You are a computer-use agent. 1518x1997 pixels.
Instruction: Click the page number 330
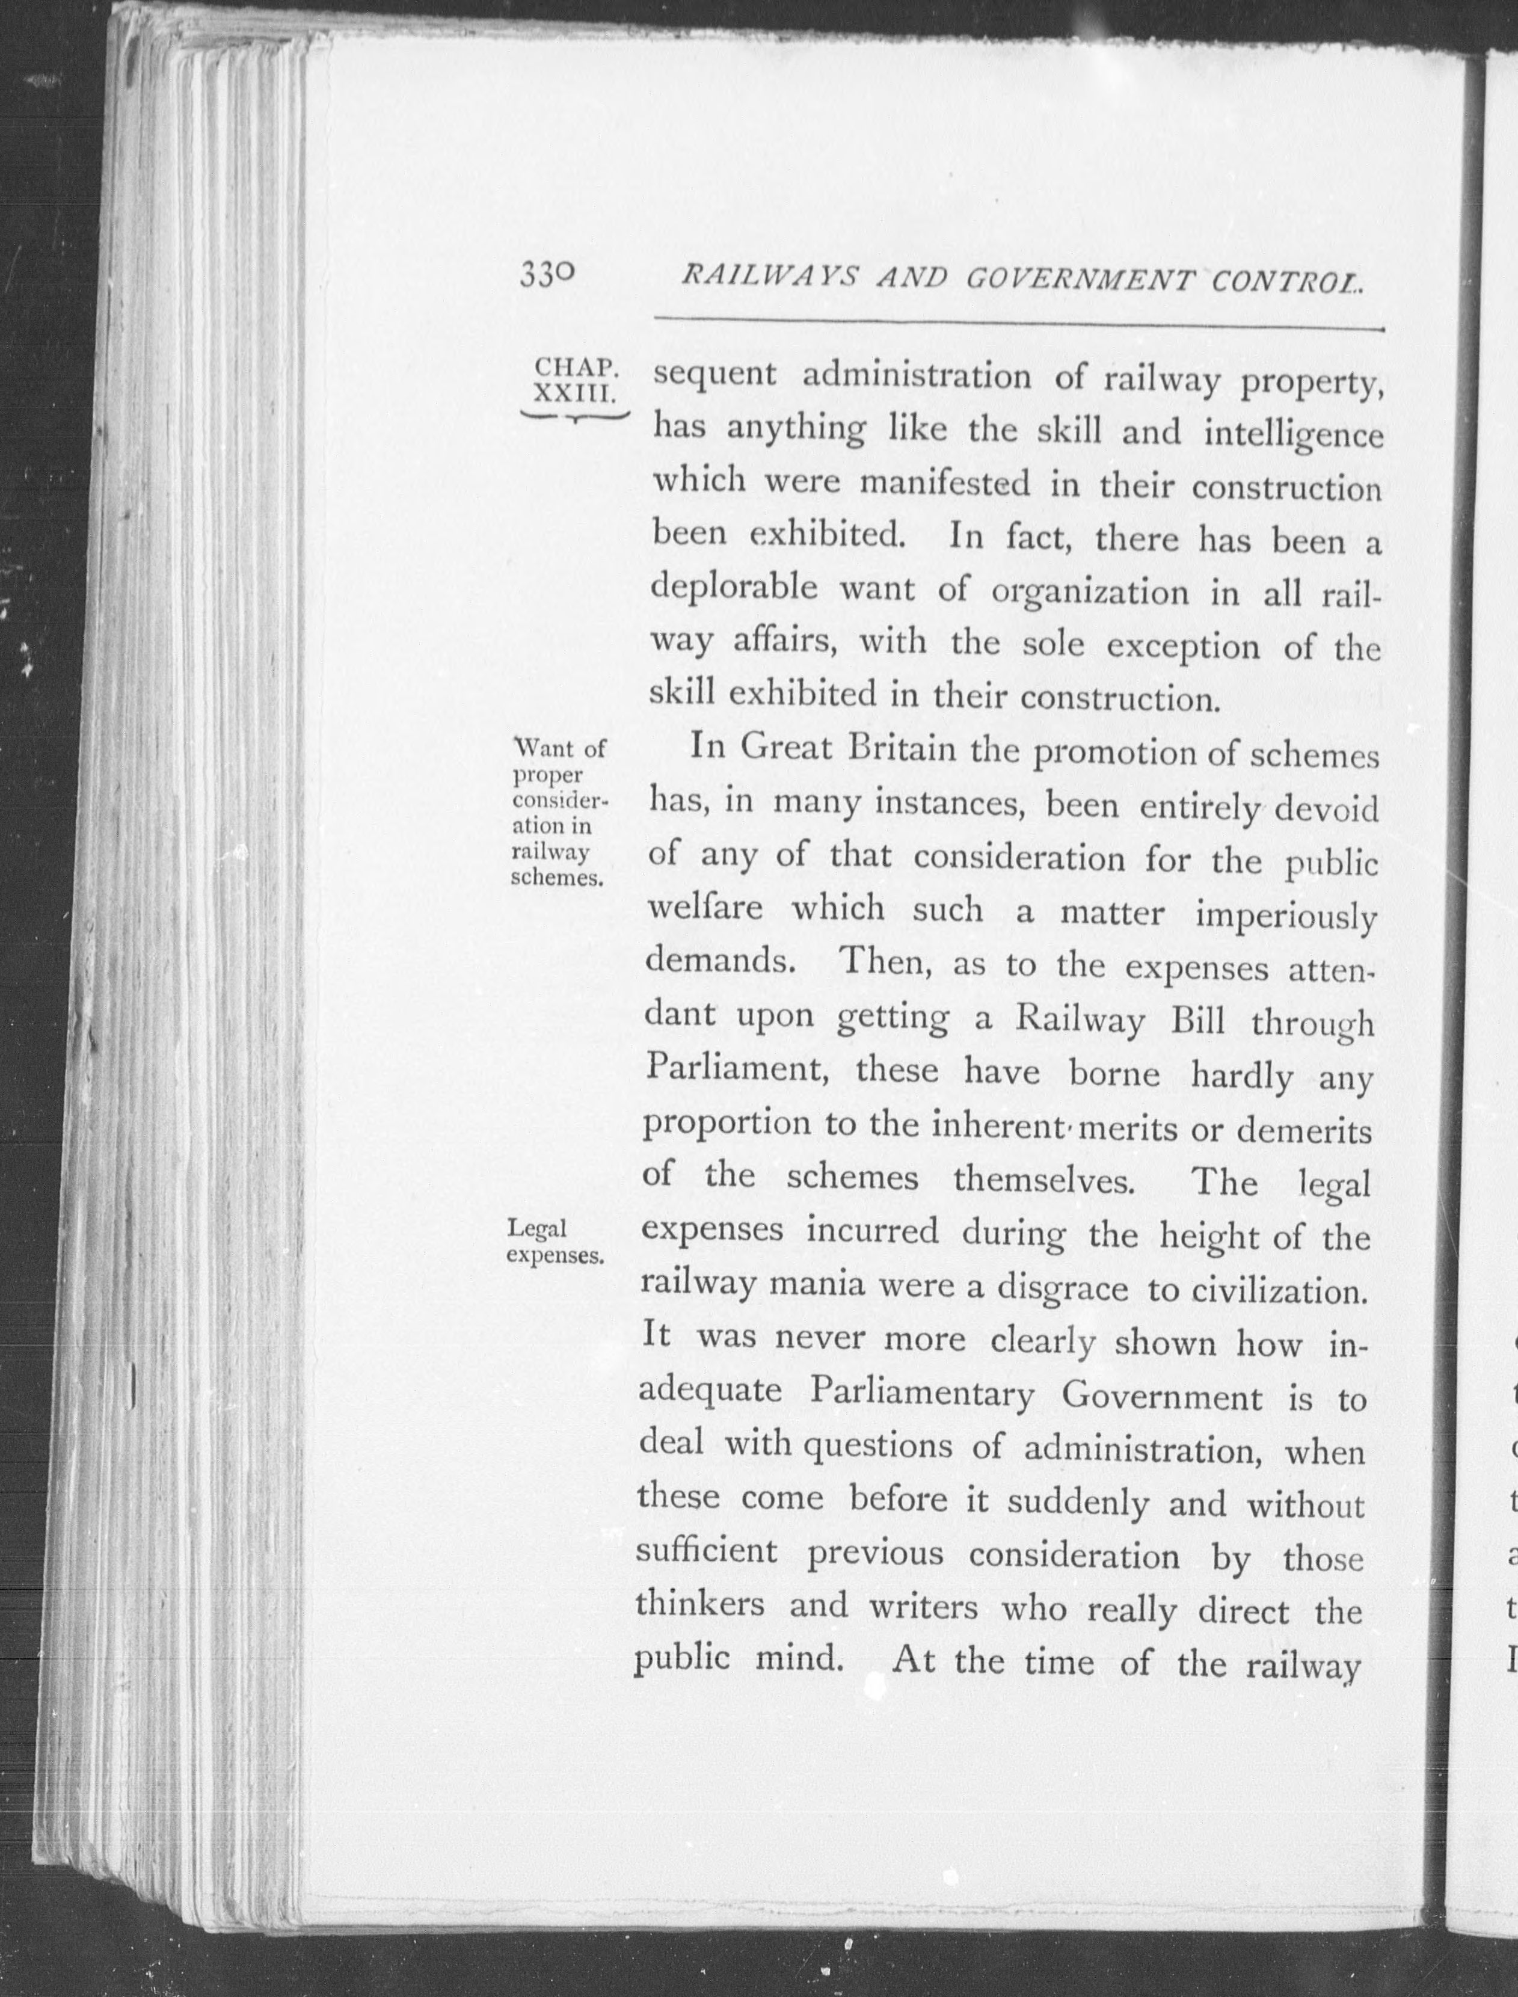click(547, 275)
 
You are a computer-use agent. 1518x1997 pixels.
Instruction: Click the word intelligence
click(1294, 435)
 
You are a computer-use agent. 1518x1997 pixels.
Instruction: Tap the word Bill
click(1197, 1022)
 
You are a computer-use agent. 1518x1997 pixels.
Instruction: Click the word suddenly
click(1078, 1503)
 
